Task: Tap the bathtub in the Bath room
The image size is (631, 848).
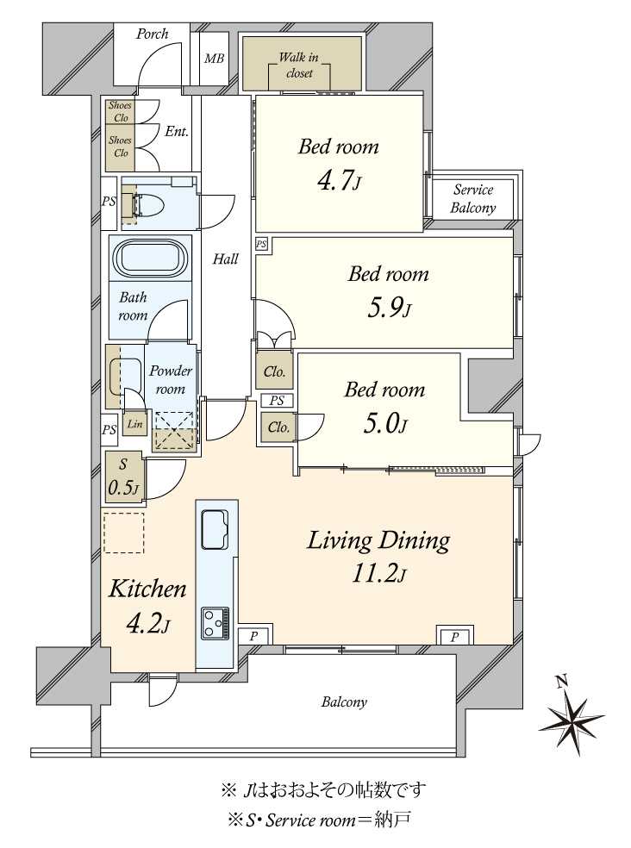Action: pyautogui.click(x=150, y=258)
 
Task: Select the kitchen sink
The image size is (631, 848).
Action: pyautogui.click(x=216, y=529)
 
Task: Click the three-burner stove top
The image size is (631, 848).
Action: pyautogui.click(x=215, y=623)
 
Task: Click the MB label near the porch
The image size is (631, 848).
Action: pyautogui.click(x=214, y=58)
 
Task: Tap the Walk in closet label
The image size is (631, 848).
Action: pyautogui.click(x=299, y=65)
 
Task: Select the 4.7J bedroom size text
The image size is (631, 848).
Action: pyautogui.click(x=339, y=181)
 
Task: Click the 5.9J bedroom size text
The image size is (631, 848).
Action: pyautogui.click(x=389, y=309)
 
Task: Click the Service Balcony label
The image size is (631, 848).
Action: pyautogui.click(x=473, y=198)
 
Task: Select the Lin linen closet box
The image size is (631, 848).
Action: pyautogui.click(x=134, y=424)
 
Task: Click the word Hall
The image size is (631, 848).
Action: pyautogui.click(x=225, y=259)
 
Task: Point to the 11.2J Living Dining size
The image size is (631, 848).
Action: pyautogui.click(x=378, y=573)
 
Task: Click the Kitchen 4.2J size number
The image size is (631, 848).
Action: pyautogui.click(x=147, y=624)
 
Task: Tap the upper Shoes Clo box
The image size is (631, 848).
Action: pyautogui.click(x=120, y=111)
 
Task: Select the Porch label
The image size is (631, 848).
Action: pyautogui.click(x=152, y=34)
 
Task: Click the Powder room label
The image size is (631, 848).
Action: pyautogui.click(x=171, y=380)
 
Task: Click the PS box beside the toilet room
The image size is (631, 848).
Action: pyautogui.click(x=109, y=202)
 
